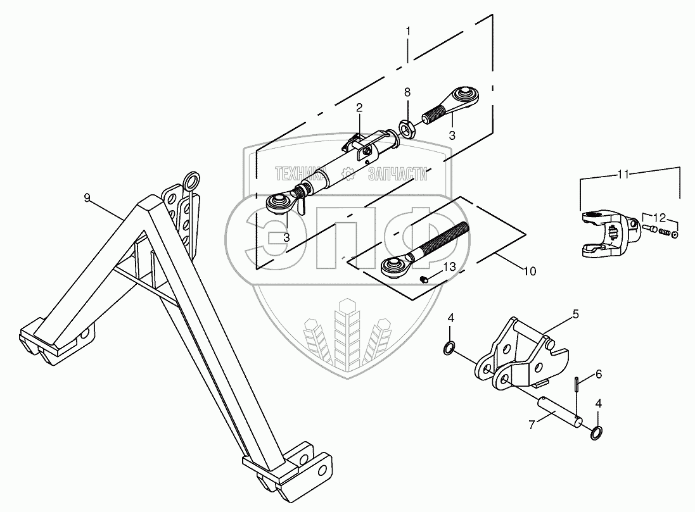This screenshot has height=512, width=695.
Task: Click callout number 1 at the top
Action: pyautogui.click(x=408, y=30)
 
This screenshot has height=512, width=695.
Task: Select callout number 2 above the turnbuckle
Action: pyautogui.click(x=359, y=108)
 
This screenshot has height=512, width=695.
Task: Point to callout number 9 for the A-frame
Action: pyautogui.click(x=87, y=197)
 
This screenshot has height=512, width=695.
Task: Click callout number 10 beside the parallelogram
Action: pyautogui.click(x=530, y=271)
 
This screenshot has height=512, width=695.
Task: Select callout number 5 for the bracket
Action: pyautogui.click(x=576, y=313)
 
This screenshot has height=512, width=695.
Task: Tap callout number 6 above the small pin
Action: pyautogui.click(x=599, y=375)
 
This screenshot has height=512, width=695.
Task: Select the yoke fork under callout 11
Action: pyautogui.click(x=602, y=231)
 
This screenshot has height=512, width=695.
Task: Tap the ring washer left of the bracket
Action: pyautogui.click(x=449, y=347)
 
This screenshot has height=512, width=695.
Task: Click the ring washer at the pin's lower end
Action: pyautogui.click(x=597, y=433)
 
